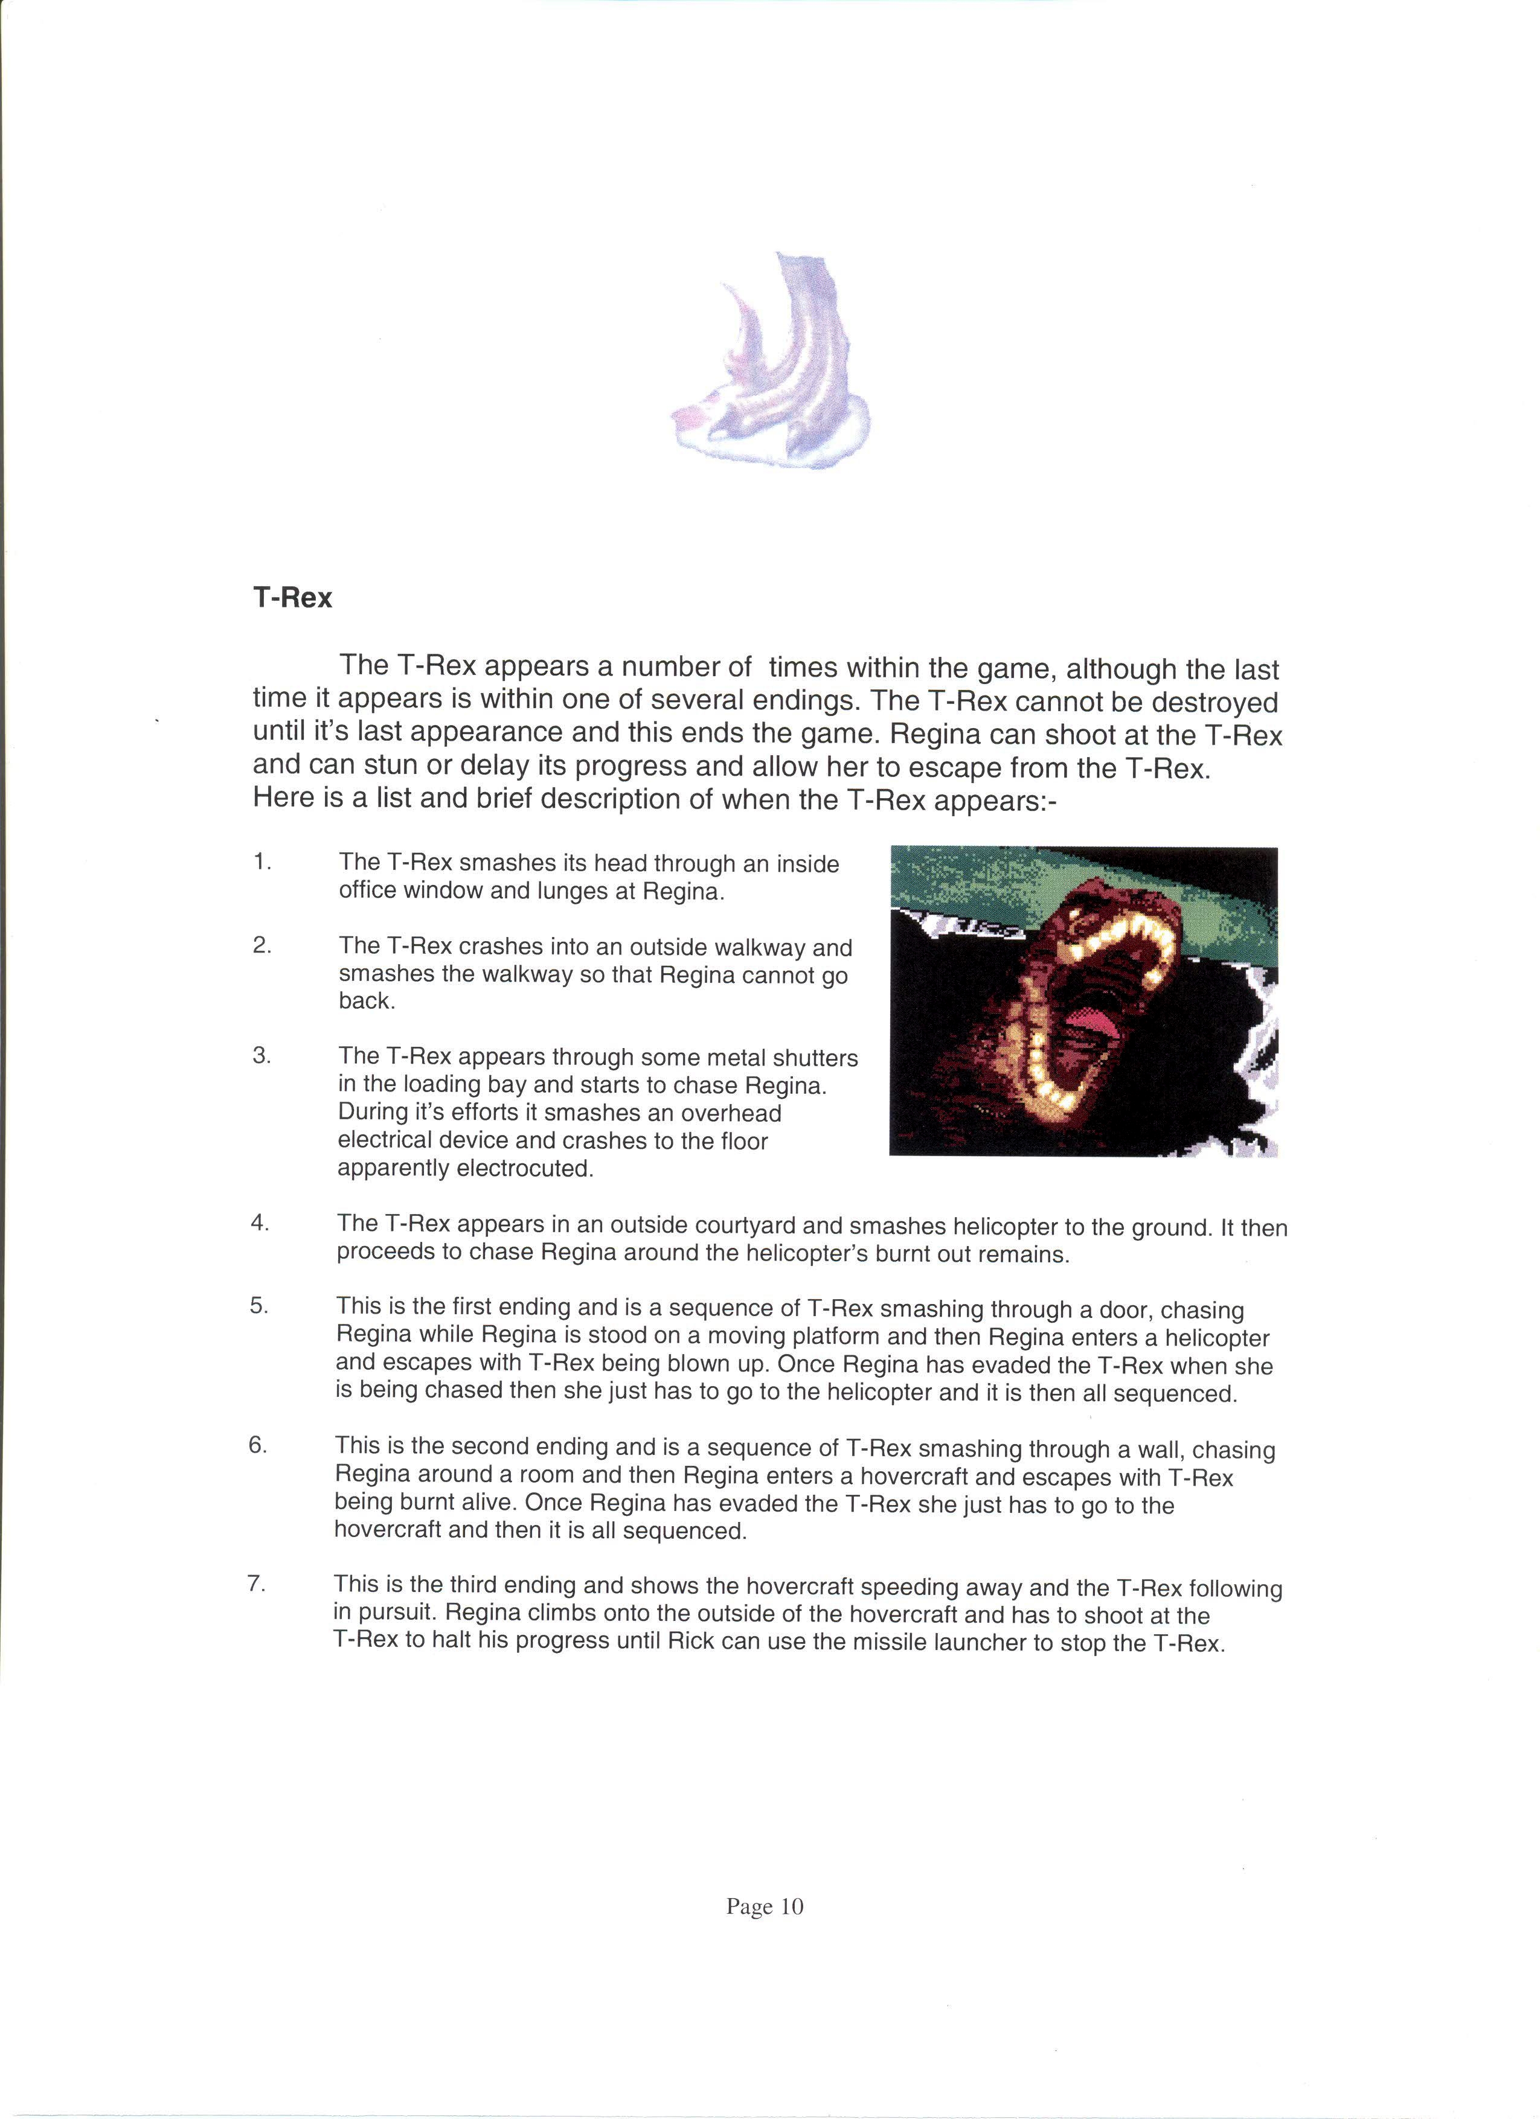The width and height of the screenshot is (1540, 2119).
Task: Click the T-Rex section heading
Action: click(292, 597)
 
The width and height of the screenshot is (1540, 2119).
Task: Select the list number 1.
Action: click(261, 861)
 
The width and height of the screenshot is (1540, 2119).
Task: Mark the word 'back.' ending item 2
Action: click(367, 1001)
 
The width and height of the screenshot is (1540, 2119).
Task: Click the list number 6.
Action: click(257, 1445)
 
